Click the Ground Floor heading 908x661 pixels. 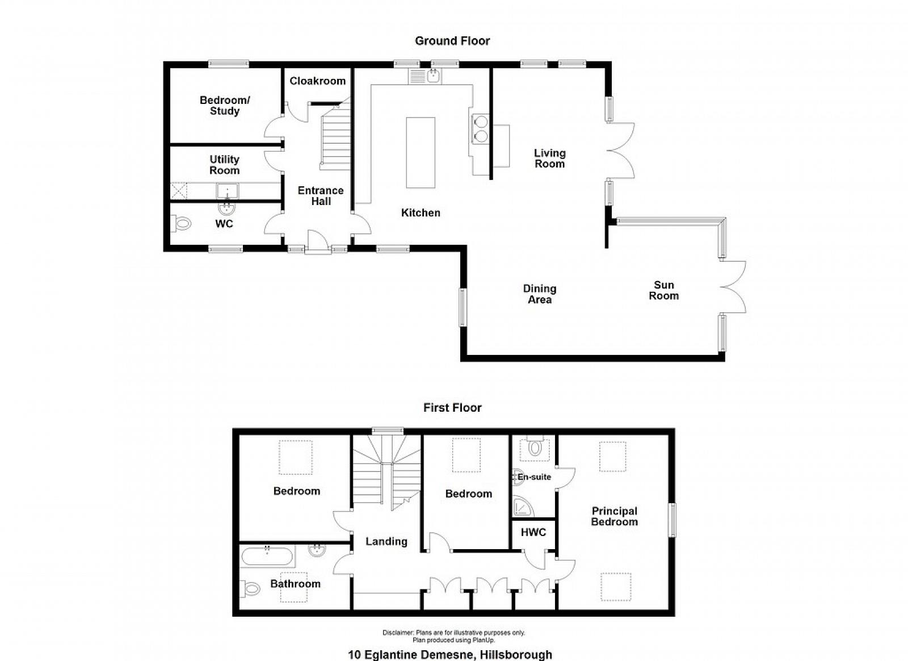click(x=452, y=41)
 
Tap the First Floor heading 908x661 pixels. click(x=452, y=408)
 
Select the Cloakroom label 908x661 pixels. click(x=317, y=81)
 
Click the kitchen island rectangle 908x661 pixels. click(x=421, y=153)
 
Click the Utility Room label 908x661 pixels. click(x=224, y=165)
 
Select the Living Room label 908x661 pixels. click(x=550, y=158)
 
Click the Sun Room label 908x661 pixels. click(x=663, y=290)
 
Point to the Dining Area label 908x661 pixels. click(x=540, y=294)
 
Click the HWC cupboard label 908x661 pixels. click(x=533, y=532)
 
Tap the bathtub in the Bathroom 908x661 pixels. click(x=267, y=557)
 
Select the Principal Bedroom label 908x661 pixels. click(x=614, y=516)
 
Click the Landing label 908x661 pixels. click(x=386, y=541)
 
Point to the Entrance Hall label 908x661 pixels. click(x=321, y=196)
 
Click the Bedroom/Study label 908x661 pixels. click(x=225, y=106)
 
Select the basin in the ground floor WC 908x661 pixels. click(x=227, y=208)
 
